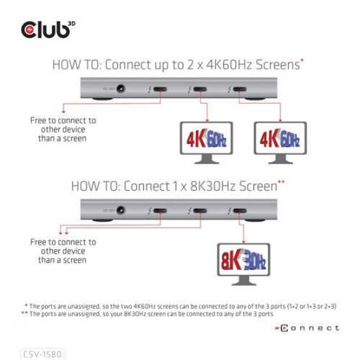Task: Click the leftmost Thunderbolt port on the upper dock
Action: [160, 91]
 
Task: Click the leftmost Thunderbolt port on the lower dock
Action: [160, 211]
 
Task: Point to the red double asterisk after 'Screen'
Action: [282, 183]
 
